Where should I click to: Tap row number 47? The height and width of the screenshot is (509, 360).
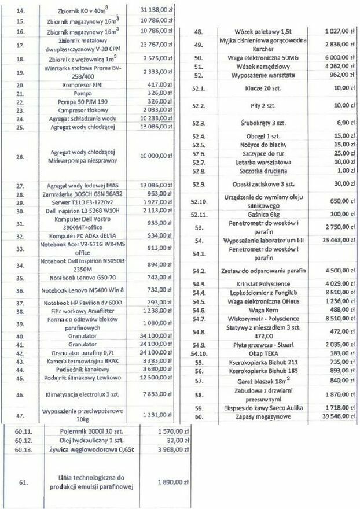pyautogui.click(x=21, y=415)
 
